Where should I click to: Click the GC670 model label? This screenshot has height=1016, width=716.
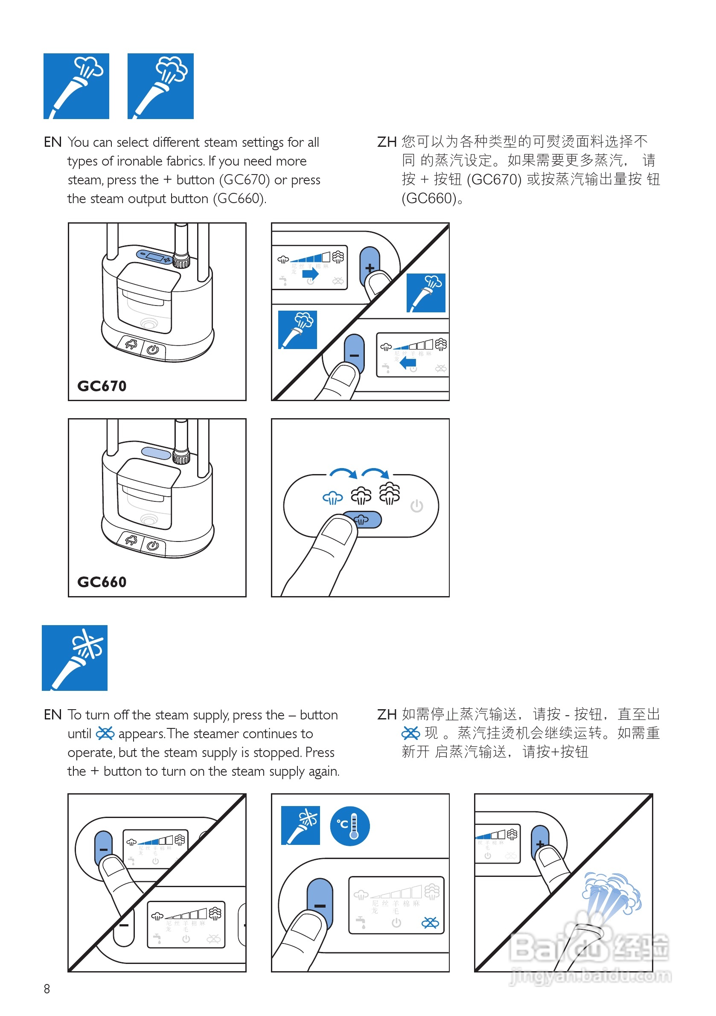(102, 386)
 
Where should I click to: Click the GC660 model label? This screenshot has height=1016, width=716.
(102, 582)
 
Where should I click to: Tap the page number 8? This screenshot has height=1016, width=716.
(47, 989)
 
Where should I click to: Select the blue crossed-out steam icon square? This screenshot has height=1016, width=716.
(74, 658)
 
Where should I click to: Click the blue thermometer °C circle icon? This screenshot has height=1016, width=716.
(349, 826)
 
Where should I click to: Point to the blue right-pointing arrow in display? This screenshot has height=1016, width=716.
(310, 274)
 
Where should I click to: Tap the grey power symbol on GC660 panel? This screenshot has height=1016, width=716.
(416, 506)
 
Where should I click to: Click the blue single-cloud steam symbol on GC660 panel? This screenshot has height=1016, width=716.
(333, 498)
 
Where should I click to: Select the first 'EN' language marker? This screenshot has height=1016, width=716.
(52, 142)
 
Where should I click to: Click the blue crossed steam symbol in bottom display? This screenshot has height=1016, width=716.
(430, 923)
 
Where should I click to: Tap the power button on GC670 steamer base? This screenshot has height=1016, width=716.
(153, 350)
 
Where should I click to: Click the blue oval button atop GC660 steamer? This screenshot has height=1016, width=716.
(156, 453)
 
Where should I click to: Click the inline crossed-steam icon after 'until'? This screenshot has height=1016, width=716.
(105, 733)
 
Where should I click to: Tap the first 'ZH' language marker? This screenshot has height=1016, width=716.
(386, 142)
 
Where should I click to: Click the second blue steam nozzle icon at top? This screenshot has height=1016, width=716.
(160, 86)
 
